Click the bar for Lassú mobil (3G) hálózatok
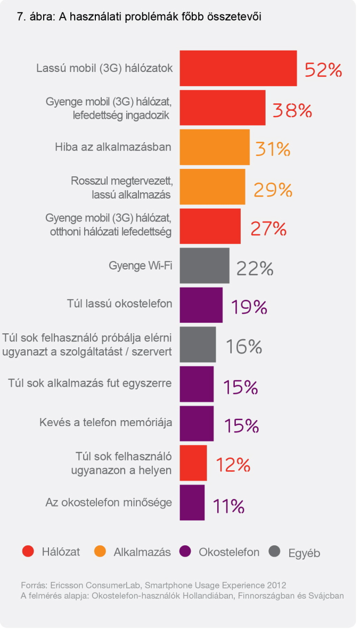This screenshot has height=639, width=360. (x=238, y=68)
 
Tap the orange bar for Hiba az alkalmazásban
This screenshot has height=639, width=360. (x=215, y=147)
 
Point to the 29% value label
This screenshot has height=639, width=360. (x=273, y=189)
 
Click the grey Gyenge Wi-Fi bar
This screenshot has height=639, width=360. (x=204, y=265)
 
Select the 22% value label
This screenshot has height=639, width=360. (x=254, y=268)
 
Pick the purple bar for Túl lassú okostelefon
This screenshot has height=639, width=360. (x=201, y=305)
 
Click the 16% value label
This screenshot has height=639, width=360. (x=243, y=347)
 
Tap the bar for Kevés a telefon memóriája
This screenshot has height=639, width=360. (x=197, y=423)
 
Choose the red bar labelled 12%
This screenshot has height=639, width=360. (x=193, y=463)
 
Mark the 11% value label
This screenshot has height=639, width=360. (x=228, y=505)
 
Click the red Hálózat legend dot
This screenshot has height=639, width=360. (x=28, y=552)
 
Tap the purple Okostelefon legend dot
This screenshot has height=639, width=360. (x=185, y=552)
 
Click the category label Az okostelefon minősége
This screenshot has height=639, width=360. (x=109, y=502)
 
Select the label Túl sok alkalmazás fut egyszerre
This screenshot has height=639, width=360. (x=91, y=383)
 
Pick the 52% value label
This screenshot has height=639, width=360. (x=323, y=70)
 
